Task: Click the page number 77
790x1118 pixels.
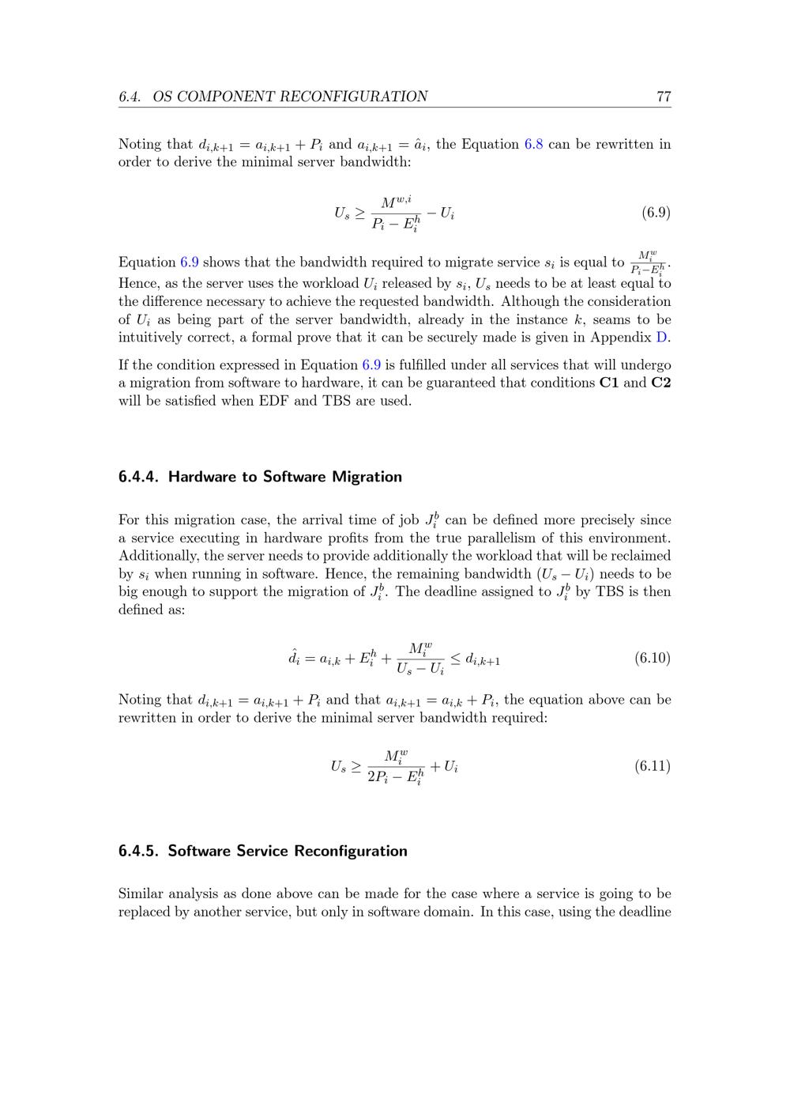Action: point(663,96)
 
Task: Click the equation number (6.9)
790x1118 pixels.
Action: point(656,212)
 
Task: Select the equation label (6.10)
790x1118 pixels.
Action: point(652,658)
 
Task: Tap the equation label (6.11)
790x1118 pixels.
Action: point(652,765)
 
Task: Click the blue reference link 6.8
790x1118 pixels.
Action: point(533,144)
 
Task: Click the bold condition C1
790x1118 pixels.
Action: point(609,383)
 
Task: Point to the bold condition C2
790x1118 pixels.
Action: point(660,383)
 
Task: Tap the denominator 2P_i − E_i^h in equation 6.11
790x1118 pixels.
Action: point(395,777)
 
